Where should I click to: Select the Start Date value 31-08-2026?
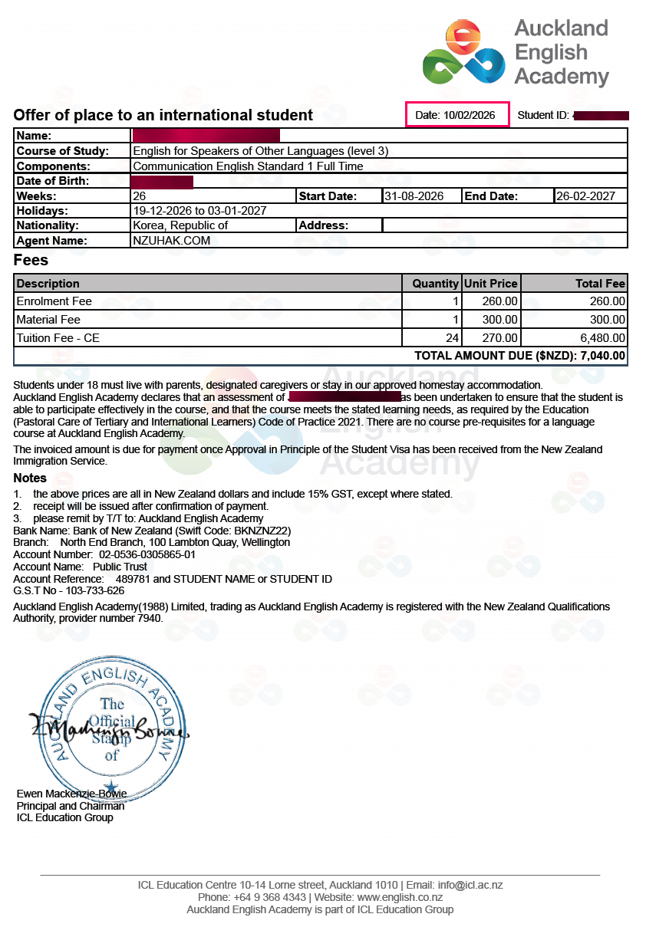[414, 196]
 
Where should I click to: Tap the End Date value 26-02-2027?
[585, 196]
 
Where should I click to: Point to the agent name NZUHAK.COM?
[171, 241]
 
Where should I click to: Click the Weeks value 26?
[140, 196]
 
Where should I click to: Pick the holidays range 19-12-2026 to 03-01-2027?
[199, 211]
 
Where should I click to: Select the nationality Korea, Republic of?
[180, 225]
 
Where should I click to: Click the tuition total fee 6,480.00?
[602, 338]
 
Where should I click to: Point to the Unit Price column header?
[491, 284]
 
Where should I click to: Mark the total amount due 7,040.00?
[603, 356]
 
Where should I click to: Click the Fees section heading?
[31, 261]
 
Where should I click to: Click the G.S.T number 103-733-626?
[86, 590]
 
